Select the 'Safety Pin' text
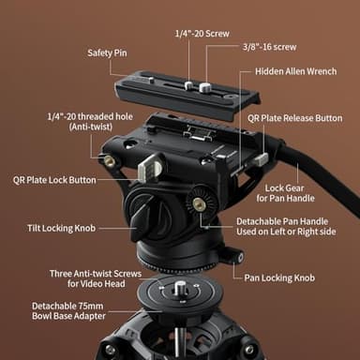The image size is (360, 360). [x=108, y=52]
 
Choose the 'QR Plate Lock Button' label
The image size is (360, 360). [x=54, y=177]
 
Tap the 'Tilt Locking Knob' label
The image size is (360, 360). [x=61, y=228]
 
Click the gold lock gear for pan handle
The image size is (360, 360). [x=199, y=203]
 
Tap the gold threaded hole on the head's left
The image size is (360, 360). [x=110, y=161]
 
